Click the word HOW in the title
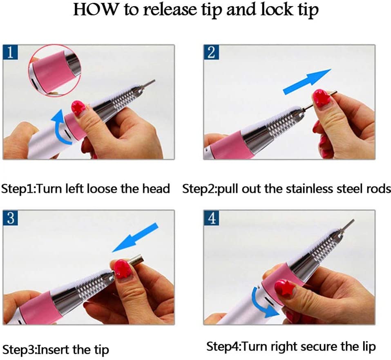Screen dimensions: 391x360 pos(96,10)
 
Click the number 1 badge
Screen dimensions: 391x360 pos(11,52)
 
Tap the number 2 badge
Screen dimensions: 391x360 pos(211,52)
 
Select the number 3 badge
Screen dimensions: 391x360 pos(11,218)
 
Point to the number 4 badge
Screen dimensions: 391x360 pos(211,218)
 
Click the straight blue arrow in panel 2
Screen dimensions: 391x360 pos(307,82)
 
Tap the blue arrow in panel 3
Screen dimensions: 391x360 pos(135,237)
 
